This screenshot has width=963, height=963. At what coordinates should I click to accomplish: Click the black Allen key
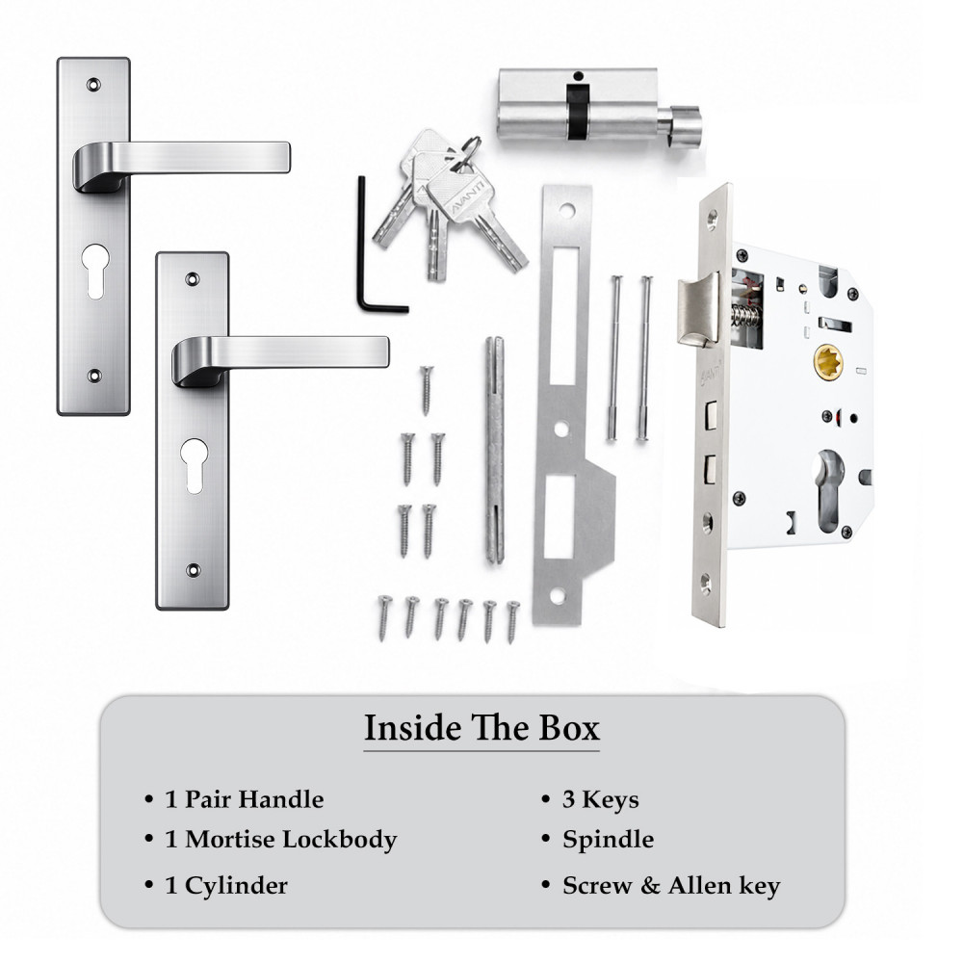point(361,246)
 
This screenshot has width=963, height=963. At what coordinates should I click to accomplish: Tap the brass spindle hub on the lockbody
point(828,361)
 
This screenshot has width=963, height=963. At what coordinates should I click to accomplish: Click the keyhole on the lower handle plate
point(195,465)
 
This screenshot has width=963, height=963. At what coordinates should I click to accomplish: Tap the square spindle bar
point(495,450)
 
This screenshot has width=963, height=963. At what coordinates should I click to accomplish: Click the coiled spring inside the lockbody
point(746,317)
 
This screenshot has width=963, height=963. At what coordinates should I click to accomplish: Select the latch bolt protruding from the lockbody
point(698,309)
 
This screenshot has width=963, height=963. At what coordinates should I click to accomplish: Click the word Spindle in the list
point(608,840)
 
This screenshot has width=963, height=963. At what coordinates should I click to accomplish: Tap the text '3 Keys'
point(600,799)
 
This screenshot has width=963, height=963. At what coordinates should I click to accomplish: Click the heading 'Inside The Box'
point(481,728)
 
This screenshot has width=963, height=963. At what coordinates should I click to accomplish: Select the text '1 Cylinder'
point(226,886)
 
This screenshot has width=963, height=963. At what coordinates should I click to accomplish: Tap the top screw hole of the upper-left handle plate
point(94,84)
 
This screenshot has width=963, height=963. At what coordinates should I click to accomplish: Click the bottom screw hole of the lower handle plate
point(194,570)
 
